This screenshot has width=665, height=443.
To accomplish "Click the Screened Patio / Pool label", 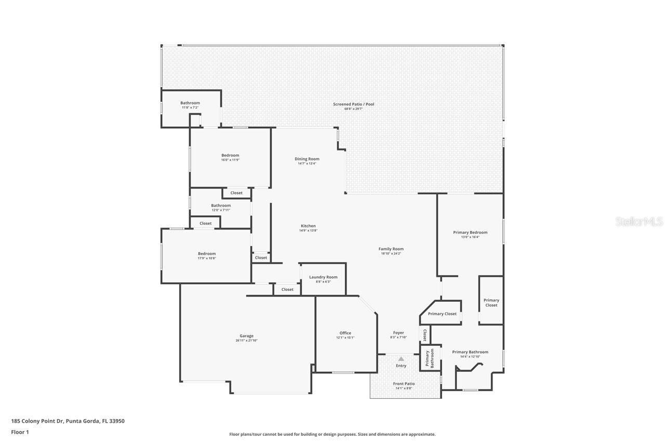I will click(x=353, y=104).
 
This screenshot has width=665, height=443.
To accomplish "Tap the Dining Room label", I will click(x=307, y=159).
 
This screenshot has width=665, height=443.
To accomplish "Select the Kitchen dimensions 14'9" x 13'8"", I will click(x=308, y=231).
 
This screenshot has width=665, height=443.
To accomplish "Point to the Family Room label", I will click(x=391, y=249).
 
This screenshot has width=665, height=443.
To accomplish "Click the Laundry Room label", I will click(x=323, y=277).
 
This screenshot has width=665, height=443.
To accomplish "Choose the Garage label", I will click(x=246, y=336).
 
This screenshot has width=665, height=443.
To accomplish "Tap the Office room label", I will click(x=345, y=333).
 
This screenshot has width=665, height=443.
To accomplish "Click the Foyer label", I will click(x=398, y=333).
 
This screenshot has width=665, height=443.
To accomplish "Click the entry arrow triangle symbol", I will click(x=401, y=359).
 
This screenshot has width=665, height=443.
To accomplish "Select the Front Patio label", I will click(x=404, y=384).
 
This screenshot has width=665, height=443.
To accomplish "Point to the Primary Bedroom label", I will click(x=470, y=232).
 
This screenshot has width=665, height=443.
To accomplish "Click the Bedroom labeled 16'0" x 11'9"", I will click(x=230, y=155).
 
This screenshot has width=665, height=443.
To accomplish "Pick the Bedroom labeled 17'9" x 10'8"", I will click(x=206, y=253).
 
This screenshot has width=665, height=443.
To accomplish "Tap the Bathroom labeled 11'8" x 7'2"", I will click(x=190, y=103).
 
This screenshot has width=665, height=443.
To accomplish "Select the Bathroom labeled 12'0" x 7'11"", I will click(x=221, y=206).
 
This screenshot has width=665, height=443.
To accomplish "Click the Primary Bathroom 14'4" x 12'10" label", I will click(x=470, y=352).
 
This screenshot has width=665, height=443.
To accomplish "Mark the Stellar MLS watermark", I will click(x=639, y=222).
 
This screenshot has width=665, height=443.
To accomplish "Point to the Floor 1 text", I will click(x=20, y=432).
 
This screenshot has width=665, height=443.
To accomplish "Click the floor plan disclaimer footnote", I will click(x=332, y=434).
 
